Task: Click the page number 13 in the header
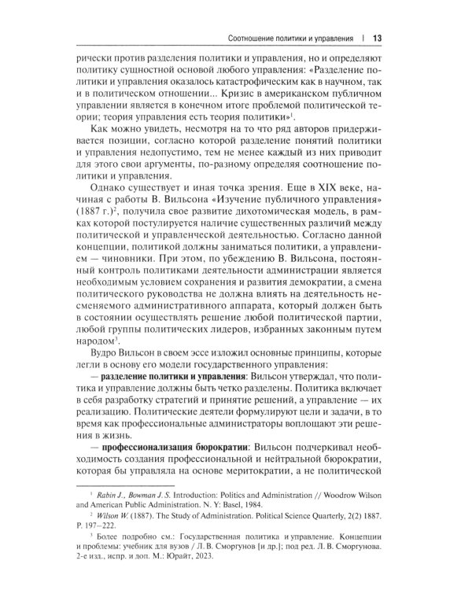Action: tap(377, 38)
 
